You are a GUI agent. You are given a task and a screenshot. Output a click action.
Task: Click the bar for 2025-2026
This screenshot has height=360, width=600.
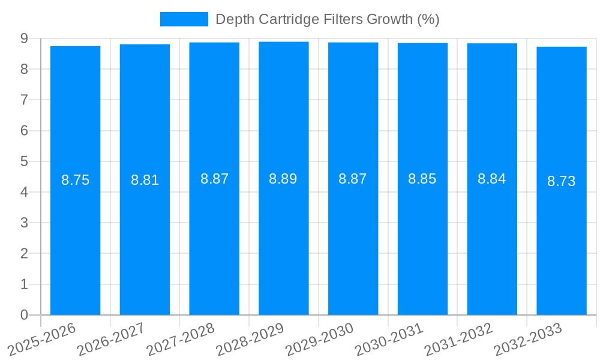(75, 180)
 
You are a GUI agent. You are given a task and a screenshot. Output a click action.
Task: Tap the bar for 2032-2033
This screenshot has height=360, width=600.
(561, 180)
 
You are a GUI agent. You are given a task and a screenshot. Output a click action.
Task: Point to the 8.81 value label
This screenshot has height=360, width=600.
(145, 180)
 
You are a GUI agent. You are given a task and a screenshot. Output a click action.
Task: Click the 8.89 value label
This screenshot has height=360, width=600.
(283, 179)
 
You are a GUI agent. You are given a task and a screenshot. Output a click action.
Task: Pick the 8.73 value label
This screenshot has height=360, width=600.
(561, 181)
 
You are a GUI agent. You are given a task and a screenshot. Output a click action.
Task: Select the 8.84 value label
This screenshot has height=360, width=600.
(491, 179)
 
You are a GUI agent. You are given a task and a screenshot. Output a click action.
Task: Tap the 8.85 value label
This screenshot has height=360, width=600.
(422, 179)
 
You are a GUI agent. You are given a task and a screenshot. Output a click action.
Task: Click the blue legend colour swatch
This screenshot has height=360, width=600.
(184, 19)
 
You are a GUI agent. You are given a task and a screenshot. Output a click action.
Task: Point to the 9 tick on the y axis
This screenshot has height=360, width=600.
(24, 38)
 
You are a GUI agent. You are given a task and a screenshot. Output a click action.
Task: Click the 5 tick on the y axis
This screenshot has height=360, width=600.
(24, 161)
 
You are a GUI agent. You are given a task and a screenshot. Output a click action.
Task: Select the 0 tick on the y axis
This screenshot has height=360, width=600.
(24, 315)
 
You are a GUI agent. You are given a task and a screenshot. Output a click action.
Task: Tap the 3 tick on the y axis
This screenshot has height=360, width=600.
(24, 223)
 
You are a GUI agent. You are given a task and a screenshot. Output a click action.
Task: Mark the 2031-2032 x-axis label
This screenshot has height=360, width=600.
(460, 338)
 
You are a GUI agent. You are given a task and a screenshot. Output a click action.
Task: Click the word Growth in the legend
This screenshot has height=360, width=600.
(390, 19)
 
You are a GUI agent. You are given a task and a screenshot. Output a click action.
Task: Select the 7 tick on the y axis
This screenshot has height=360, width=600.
(24, 100)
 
